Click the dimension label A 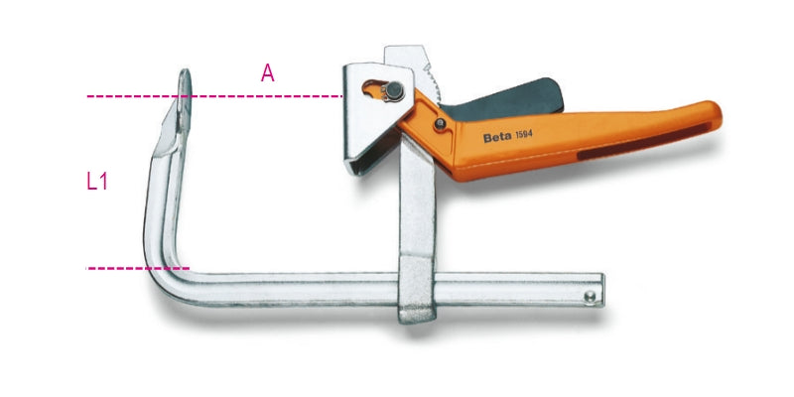[267, 72]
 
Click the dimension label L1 [96, 182]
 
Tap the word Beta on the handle [497, 138]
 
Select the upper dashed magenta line [248, 96]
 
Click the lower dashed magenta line [129, 268]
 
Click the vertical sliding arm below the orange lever [414, 208]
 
